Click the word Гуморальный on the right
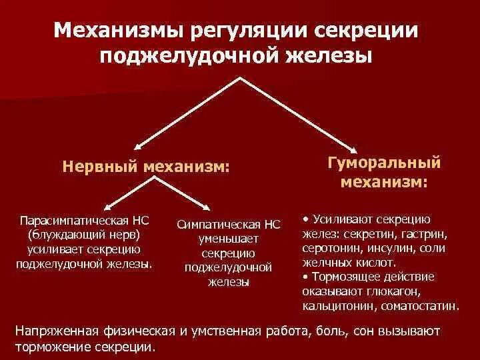pyautogui.click(x=385, y=163)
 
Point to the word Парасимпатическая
pyautogui.click(x=75, y=221)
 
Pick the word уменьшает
pyautogui.click(x=228, y=239)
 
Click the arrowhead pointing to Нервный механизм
pyautogui.click(x=137, y=145)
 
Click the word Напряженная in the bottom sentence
pyautogui.click(x=57, y=331)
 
